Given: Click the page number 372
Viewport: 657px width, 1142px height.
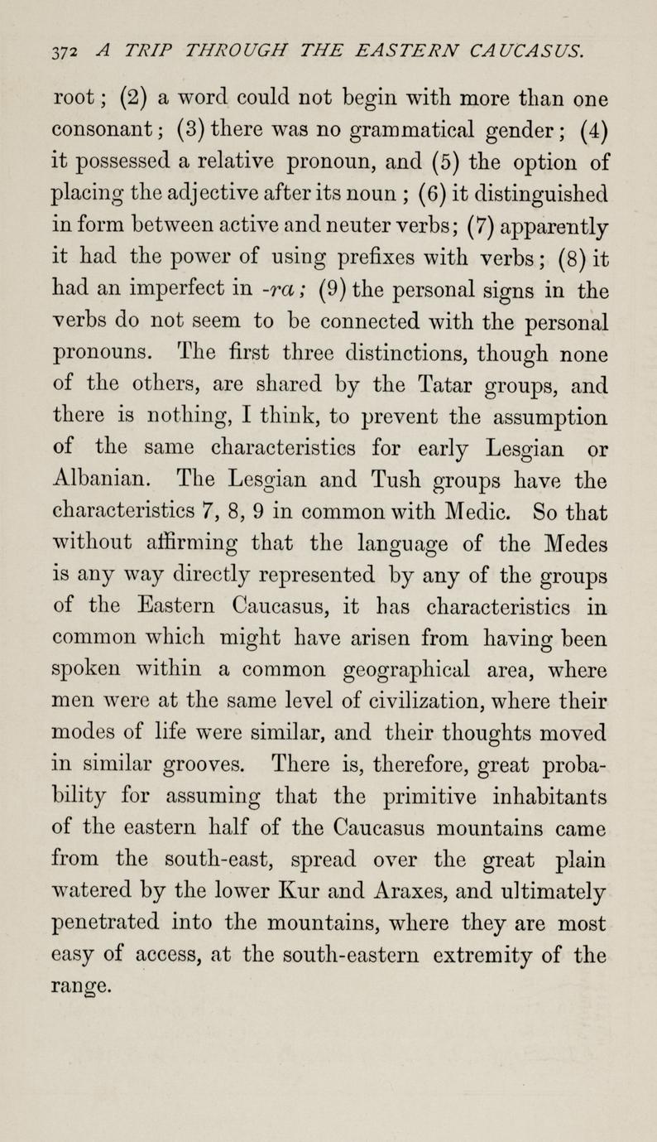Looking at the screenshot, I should tap(60, 53).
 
